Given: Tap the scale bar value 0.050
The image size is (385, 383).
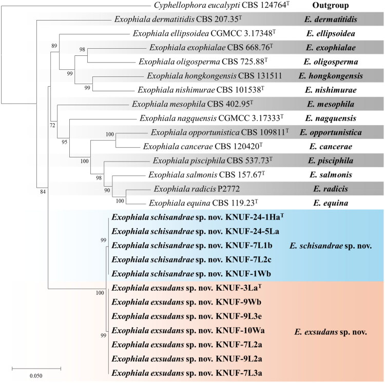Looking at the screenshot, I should [x=35, y=376].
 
